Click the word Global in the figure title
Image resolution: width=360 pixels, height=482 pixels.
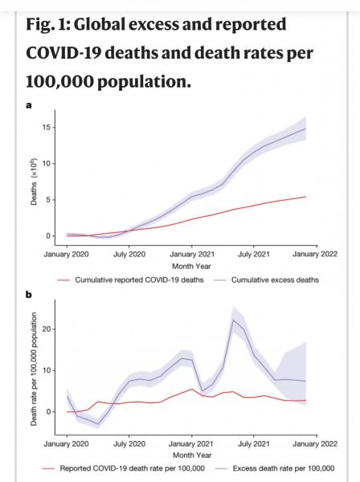(99, 25)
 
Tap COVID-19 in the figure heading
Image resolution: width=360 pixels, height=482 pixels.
(65, 53)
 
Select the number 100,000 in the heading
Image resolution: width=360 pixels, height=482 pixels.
(59, 81)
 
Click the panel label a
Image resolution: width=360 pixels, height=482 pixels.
(29, 105)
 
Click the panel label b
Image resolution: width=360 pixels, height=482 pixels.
(29, 295)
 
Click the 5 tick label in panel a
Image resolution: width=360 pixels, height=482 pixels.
(48, 199)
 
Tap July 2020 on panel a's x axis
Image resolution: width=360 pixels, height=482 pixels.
(129, 254)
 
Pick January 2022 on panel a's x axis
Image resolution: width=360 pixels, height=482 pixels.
(315, 254)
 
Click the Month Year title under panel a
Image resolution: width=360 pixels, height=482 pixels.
(191, 266)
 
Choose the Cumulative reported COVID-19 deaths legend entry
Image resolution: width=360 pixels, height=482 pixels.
(131, 280)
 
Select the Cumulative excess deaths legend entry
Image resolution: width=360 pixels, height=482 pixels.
(266, 280)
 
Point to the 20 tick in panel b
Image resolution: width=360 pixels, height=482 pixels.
(47, 329)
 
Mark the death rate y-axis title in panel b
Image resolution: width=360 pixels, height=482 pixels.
(34, 369)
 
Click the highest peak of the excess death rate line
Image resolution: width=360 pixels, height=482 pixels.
(233, 320)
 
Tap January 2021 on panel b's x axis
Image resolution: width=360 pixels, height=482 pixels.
(191, 444)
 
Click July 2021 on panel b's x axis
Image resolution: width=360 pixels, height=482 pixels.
(253, 444)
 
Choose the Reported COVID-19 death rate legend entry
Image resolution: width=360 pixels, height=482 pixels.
(124, 468)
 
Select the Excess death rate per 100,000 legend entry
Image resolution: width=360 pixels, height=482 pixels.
(275, 468)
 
